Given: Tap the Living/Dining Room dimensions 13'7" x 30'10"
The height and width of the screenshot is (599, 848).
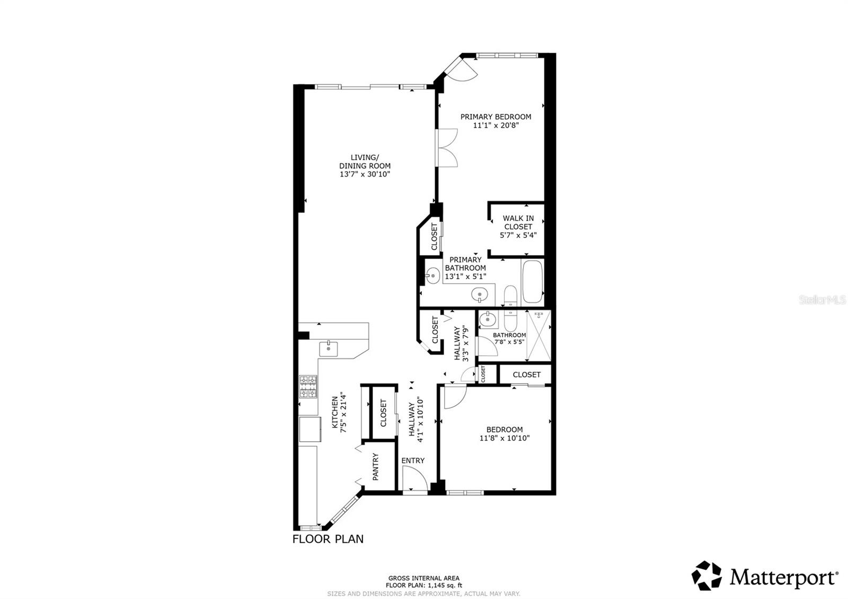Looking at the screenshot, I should point(365,174).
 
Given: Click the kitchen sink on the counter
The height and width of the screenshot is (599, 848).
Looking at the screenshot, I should point(328,349).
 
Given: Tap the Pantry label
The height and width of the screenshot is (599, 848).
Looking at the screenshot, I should point(375,466).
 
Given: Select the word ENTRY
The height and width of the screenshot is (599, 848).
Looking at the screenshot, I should point(413,461).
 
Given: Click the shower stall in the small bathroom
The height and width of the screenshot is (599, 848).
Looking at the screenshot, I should point(538,335).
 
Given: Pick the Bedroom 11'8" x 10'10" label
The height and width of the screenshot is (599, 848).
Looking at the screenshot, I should point(505,434).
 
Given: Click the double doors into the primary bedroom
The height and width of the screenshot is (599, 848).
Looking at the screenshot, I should point(447,148).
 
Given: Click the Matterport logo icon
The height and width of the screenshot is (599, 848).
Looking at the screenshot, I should point(706,576).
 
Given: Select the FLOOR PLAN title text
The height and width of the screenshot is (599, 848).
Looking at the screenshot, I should point(328,539).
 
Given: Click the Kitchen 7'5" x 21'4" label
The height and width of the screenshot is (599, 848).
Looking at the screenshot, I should point(339,414).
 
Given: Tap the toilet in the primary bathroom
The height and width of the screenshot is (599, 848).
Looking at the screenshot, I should point(510,296).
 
